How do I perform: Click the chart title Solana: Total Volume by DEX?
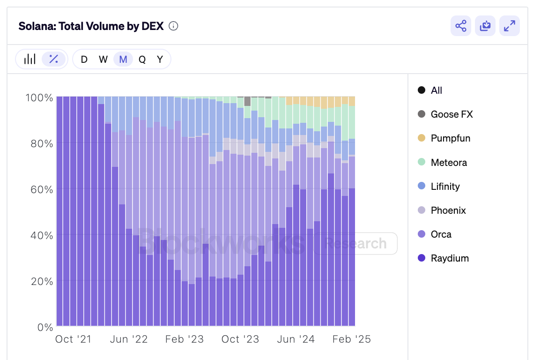(x=91, y=26)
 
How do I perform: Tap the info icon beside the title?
(x=173, y=26)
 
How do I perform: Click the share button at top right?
(x=461, y=26)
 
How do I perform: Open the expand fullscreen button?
(x=510, y=26)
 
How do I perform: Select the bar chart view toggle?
(x=30, y=59)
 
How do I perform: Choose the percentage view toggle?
(x=54, y=59)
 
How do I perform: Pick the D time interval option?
(x=84, y=60)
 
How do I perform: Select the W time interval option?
(x=104, y=60)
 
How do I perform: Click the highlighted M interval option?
(x=123, y=60)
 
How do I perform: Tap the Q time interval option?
(x=142, y=60)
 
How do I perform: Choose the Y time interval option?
(x=160, y=60)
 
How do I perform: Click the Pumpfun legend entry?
(x=450, y=138)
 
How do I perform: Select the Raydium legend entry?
(x=450, y=258)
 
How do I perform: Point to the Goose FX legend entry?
(x=452, y=114)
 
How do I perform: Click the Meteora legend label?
(x=449, y=163)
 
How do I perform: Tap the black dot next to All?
(x=422, y=90)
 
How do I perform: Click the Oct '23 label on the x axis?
(x=240, y=339)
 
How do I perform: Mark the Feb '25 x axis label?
(x=351, y=339)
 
